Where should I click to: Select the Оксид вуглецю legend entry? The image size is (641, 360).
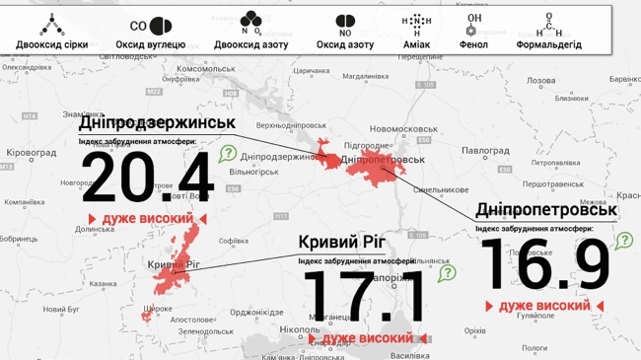(150, 44)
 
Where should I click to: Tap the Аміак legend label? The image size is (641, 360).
(417, 44)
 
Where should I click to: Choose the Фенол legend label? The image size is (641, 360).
(473, 44)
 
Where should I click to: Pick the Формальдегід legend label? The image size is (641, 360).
(548, 44)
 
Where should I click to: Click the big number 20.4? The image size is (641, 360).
(147, 179)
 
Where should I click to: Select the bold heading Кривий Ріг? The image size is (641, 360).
(341, 242)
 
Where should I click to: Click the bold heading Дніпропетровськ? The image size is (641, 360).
(546, 210)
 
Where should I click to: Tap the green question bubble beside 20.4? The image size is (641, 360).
(228, 154)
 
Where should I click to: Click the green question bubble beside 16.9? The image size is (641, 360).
(624, 240)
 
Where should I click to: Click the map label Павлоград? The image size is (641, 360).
(485, 150)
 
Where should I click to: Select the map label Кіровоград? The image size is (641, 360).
(32, 154)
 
